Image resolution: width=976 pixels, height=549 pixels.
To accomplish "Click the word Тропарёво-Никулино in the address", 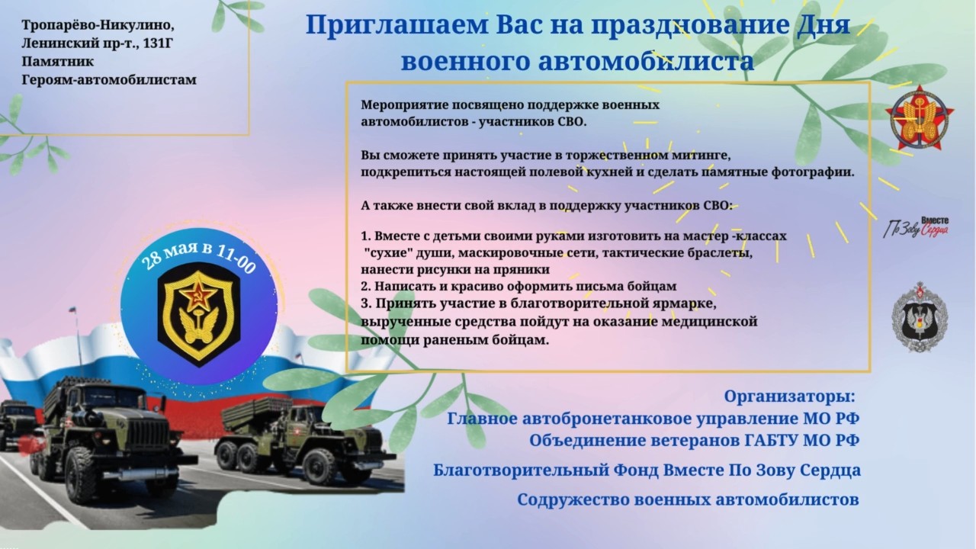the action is pos(98,25).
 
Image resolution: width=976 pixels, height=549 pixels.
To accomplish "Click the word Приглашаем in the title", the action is pos(396,25).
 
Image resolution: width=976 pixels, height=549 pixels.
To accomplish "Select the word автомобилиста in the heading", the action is pos(646,61).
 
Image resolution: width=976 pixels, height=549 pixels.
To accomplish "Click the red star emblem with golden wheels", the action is pos(920,117).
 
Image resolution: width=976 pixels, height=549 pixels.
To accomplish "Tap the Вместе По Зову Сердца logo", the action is pos(916,227).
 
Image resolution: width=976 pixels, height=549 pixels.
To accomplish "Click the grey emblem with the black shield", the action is pos(920,316).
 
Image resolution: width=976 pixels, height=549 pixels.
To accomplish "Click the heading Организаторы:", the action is pos(789,396).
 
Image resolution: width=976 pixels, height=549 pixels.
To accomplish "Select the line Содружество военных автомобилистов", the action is pos(688,499).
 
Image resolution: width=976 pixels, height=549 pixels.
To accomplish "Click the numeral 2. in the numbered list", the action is pos(365,286).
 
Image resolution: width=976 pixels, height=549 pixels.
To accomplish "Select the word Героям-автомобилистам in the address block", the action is pos(109,80).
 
